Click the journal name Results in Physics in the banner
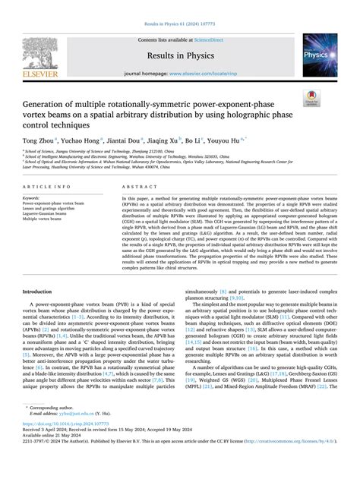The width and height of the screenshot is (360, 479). tap(180, 54)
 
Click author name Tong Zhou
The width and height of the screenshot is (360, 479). tap(37, 140)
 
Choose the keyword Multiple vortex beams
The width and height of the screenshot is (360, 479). tap(44, 219)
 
